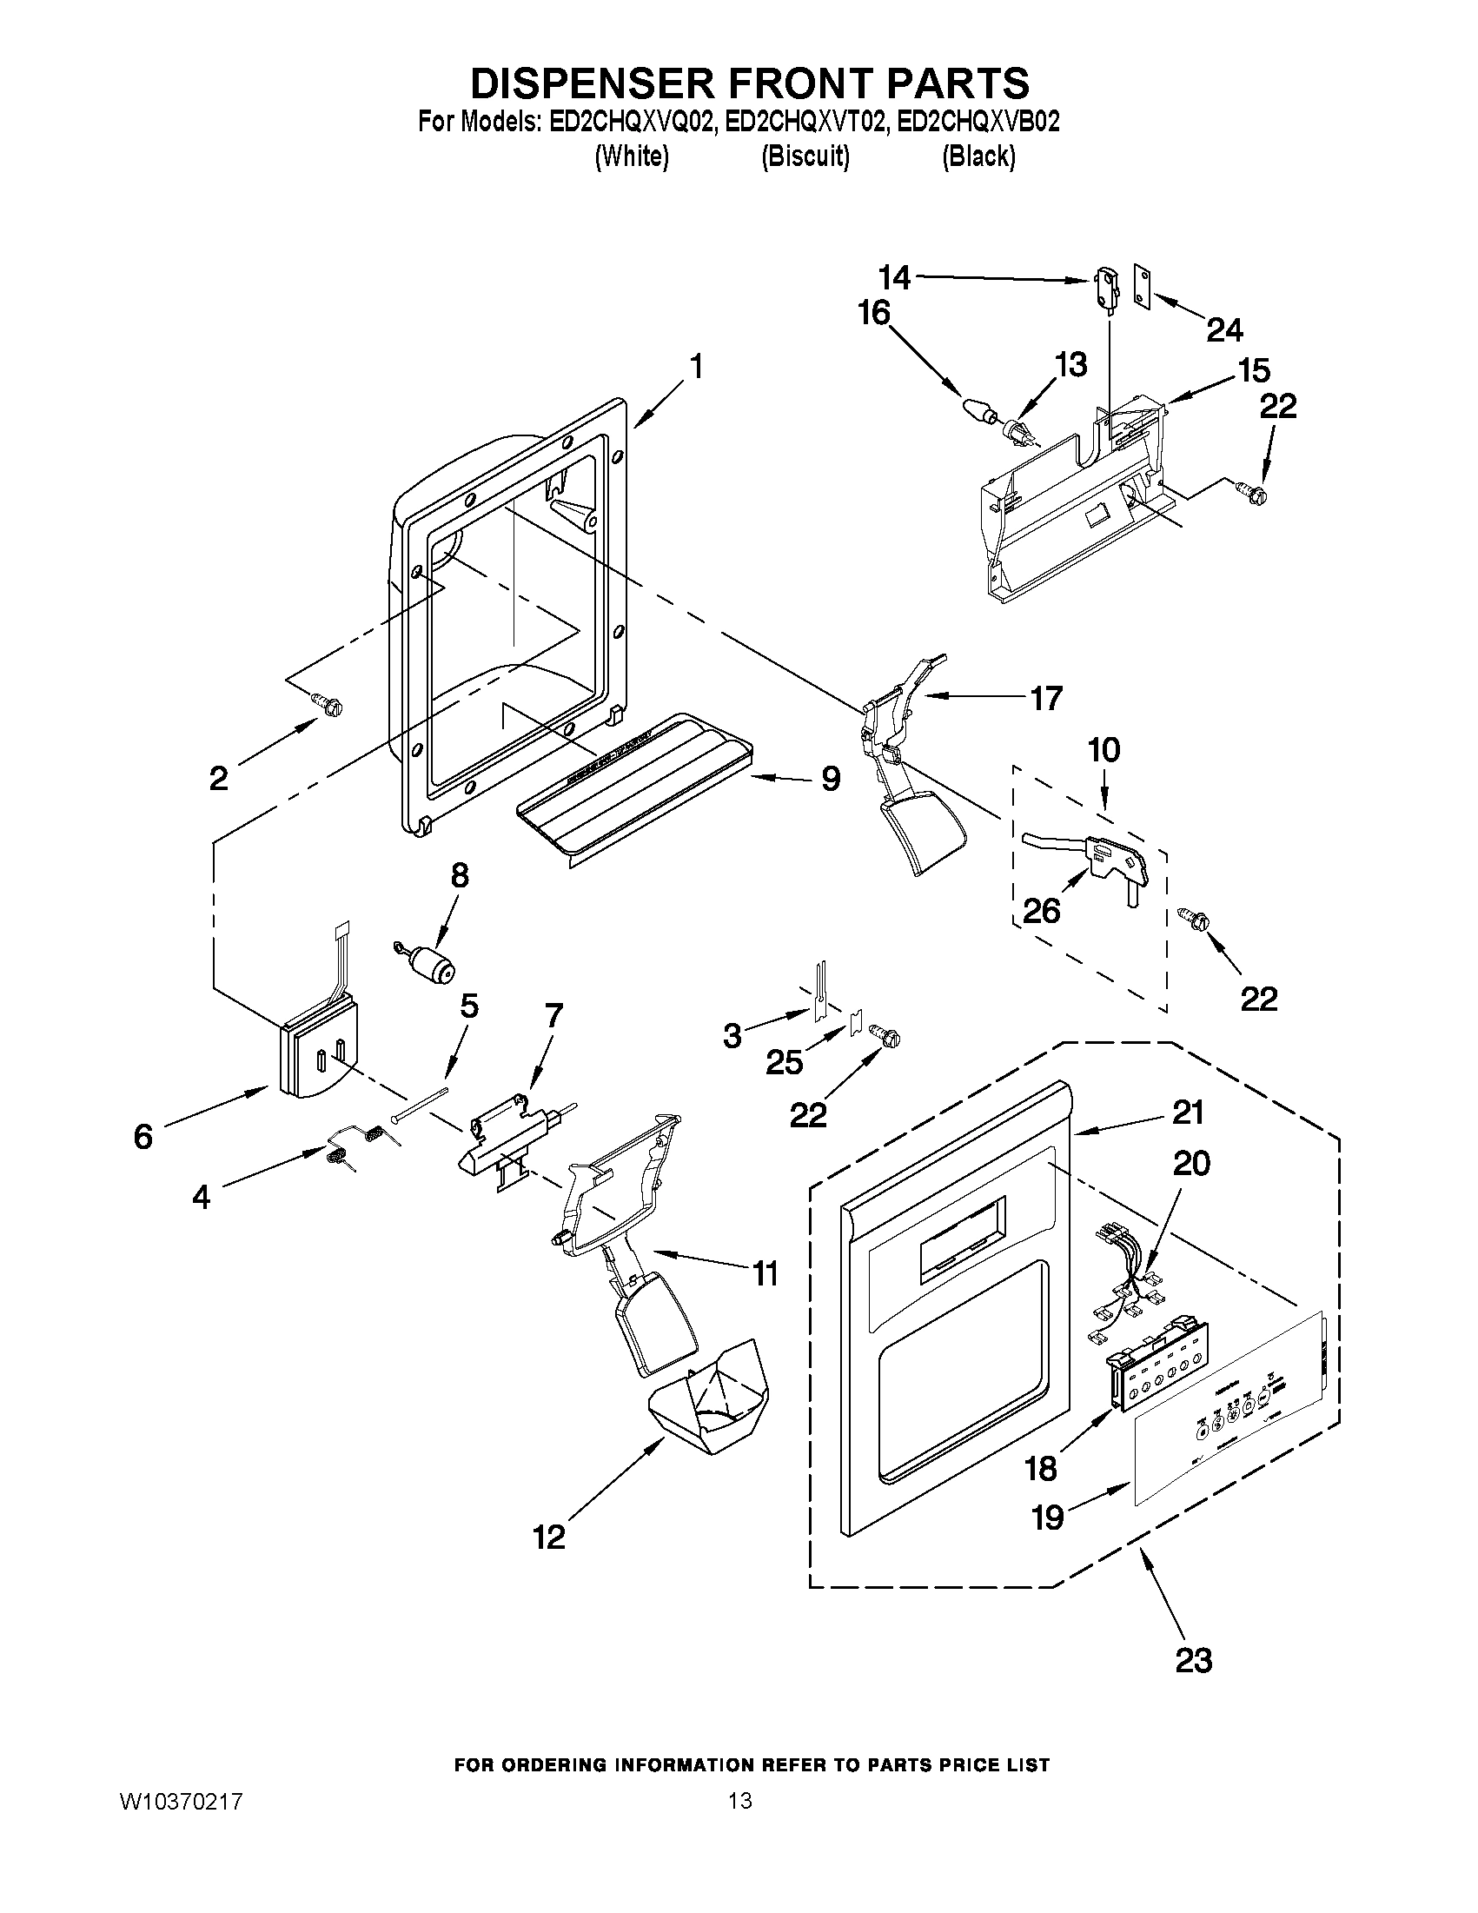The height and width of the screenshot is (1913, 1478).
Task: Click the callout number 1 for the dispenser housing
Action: click(x=696, y=366)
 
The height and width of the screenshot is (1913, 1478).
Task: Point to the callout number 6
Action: click(x=142, y=1137)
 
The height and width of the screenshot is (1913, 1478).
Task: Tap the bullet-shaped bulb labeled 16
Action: click(x=979, y=410)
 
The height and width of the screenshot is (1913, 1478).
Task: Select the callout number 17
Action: click(x=1046, y=698)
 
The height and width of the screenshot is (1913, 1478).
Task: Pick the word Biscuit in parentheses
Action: click(x=805, y=157)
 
